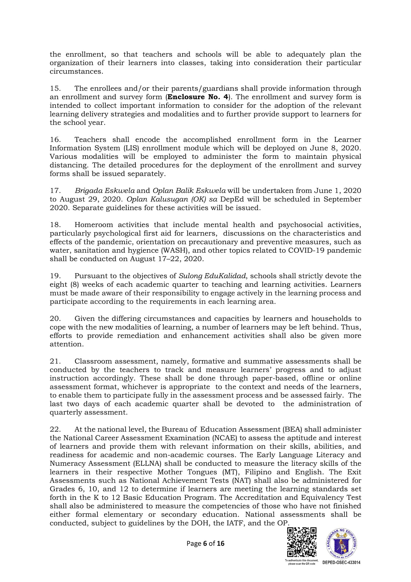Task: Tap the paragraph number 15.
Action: click(x=55, y=88)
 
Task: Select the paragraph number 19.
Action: click(x=55, y=276)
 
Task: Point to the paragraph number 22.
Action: click(x=55, y=429)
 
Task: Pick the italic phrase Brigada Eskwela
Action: click(x=105, y=191)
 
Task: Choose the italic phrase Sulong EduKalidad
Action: click(x=212, y=276)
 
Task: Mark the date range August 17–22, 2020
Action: click(x=167, y=259)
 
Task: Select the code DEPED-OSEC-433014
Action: click(x=341, y=563)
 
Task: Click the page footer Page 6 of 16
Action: click(x=205, y=543)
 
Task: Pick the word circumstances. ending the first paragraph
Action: click(x=76, y=71)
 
